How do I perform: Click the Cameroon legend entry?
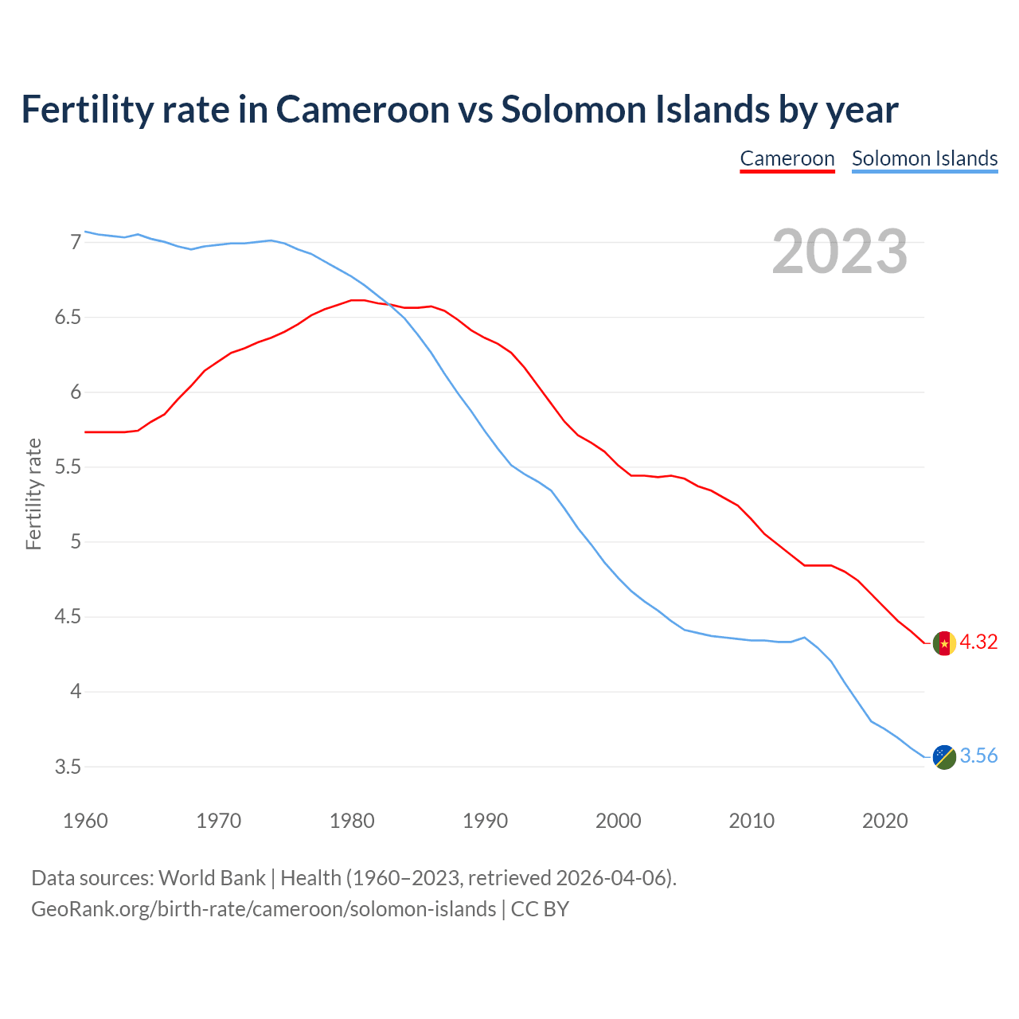click(x=787, y=158)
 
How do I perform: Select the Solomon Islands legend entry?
click(x=924, y=158)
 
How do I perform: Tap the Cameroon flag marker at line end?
click(x=944, y=643)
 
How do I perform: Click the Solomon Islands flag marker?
click(x=944, y=757)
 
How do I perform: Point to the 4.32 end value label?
click(x=978, y=642)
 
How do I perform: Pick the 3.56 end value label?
click(x=978, y=756)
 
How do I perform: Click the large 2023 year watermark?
click(x=840, y=252)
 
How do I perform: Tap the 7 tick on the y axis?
click(x=76, y=242)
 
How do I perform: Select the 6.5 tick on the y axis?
click(x=68, y=318)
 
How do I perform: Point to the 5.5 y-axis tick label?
click(x=68, y=467)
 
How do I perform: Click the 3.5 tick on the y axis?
click(x=68, y=767)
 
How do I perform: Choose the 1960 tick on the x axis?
click(x=85, y=821)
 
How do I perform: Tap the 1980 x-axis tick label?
click(x=352, y=821)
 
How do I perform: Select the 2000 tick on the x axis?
click(x=619, y=821)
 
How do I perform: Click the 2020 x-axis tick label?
click(x=884, y=821)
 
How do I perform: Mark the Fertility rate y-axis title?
click(x=33, y=494)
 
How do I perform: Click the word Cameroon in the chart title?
click(x=362, y=110)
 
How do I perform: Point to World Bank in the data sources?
click(x=212, y=878)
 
